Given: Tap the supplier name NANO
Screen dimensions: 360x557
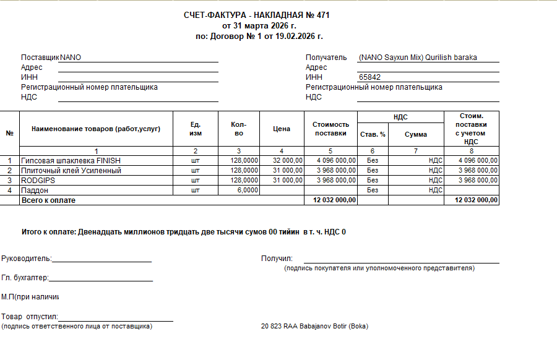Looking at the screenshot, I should (x=71, y=58).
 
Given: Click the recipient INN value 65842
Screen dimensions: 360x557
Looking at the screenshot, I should (x=369, y=77).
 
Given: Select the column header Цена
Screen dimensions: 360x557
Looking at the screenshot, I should (x=282, y=129).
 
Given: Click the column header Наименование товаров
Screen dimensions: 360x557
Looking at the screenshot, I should (x=96, y=129).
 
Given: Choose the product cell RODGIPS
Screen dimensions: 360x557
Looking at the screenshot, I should (x=38, y=180).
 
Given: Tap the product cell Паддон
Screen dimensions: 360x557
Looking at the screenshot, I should (x=36, y=190).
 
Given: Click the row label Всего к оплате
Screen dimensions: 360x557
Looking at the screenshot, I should (x=49, y=200).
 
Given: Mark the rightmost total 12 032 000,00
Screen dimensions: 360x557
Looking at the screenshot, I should (x=477, y=200).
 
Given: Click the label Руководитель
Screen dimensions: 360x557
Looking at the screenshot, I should (x=26, y=259).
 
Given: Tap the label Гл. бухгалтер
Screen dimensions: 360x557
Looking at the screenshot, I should (x=25, y=278).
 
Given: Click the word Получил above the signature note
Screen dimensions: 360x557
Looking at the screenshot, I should (x=277, y=259).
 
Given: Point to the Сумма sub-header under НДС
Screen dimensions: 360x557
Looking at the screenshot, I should (x=416, y=134).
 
